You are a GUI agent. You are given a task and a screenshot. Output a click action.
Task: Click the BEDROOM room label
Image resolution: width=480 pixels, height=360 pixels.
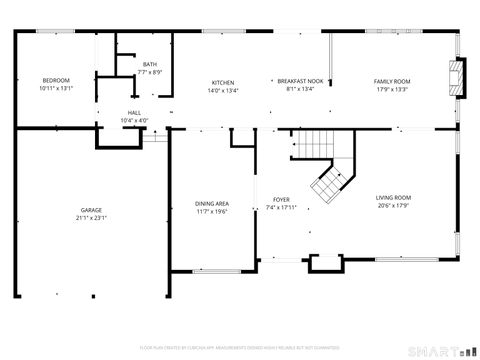pos(56,80)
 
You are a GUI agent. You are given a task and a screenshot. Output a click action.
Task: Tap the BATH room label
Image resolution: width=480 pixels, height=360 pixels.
pos(150,64)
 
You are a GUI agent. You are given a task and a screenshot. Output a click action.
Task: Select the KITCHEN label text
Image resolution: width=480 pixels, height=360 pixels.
pos(223,81)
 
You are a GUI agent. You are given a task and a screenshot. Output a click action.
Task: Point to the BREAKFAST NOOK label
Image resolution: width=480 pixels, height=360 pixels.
pos(300,81)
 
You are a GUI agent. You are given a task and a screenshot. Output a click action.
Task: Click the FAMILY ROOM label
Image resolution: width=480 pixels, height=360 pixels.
pos(392,81)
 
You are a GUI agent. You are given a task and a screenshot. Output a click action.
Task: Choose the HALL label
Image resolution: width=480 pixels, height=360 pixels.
pos(134,112)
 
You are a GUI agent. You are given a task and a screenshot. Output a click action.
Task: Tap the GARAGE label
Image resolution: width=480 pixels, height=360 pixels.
pos(91,210)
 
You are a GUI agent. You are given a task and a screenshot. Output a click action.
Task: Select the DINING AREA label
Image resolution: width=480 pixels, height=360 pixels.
pos(212,204)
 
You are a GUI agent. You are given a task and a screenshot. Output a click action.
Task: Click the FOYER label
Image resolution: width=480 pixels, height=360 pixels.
pos(281,200)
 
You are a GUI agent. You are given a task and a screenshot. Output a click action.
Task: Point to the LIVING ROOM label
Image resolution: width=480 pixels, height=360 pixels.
pos(393,198)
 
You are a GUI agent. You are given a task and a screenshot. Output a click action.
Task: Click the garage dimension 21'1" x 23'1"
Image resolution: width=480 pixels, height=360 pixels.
pos(91,218)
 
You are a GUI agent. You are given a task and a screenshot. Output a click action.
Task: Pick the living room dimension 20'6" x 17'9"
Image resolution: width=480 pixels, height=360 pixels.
pos(393,207)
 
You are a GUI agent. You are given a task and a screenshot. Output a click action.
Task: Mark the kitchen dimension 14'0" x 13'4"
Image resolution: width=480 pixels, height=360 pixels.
pos(223,89)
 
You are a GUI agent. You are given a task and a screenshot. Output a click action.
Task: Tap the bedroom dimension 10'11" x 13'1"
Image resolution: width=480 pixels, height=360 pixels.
pos(56,88)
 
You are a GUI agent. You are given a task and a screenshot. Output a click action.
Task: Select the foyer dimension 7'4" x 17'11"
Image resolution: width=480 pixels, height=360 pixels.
pos(281,208)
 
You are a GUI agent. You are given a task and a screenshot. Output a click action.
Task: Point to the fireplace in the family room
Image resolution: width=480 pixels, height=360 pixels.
pos(457,78)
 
